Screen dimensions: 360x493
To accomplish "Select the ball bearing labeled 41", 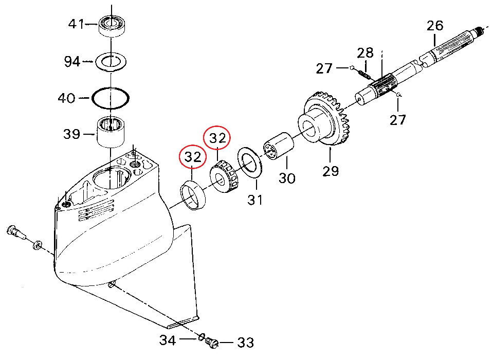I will [x=113, y=25].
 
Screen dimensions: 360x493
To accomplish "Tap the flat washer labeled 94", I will [x=111, y=62].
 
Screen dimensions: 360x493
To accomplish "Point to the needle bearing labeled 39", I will [x=112, y=132].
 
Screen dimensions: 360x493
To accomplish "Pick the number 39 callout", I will [x=71, y=135].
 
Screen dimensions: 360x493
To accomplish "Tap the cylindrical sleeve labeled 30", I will [x=278, y=147].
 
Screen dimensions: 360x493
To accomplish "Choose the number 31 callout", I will [x=255, y=200].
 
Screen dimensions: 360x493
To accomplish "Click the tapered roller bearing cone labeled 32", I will [x=225, y=177].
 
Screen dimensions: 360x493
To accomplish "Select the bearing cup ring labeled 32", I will [x=194, y=196].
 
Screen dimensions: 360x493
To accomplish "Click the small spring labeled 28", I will [x=364, y=74].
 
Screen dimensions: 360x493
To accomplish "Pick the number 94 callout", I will [x=72, y=62].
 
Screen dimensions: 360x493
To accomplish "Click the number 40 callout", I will [x=66, y=98].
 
